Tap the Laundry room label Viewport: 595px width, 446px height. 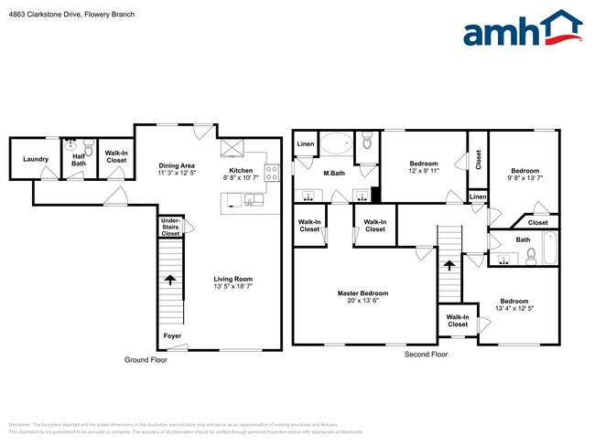click(36, 159)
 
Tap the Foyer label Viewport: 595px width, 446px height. click(172, 335)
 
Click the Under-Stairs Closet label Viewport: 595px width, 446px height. click(170, 228)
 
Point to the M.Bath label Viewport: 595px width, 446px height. click(333, 174)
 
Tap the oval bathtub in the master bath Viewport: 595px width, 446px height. click(335, 144)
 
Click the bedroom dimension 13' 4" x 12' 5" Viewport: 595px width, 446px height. click(514, 307)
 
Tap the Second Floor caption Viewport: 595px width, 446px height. click(427, 354)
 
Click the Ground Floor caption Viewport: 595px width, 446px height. click(146, 360)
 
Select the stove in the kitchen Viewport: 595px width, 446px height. click(272, 170)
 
